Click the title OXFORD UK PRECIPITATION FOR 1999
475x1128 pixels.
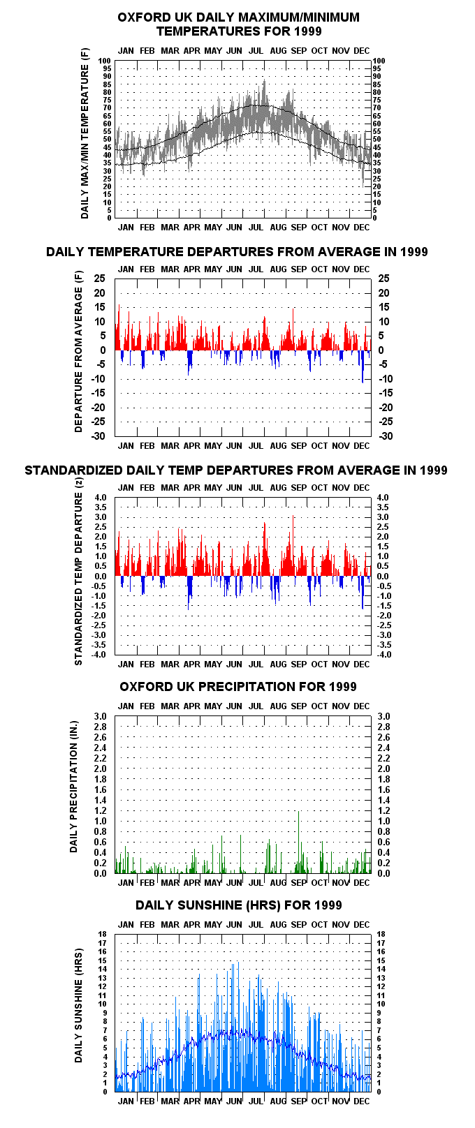(237, 687)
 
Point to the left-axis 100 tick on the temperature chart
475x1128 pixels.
(105, 61)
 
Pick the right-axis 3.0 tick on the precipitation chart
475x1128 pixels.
(383, 717)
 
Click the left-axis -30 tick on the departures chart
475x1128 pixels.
(98, 436)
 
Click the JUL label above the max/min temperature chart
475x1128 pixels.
(256, 51)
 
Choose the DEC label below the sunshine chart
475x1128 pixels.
(361, 1101)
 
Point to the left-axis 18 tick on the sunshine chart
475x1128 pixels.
(103, 935)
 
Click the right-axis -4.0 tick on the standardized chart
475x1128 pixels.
(383, 655)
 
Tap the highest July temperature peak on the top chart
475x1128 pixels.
(264, 80)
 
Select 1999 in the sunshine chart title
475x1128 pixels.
(328, 905)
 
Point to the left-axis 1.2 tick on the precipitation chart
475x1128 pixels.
(100, 811)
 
